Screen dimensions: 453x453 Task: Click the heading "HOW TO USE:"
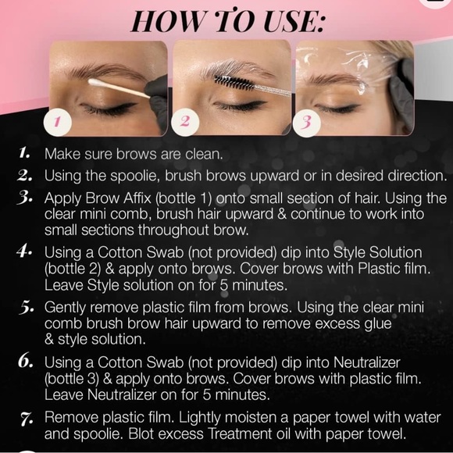(x=226, y=20)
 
